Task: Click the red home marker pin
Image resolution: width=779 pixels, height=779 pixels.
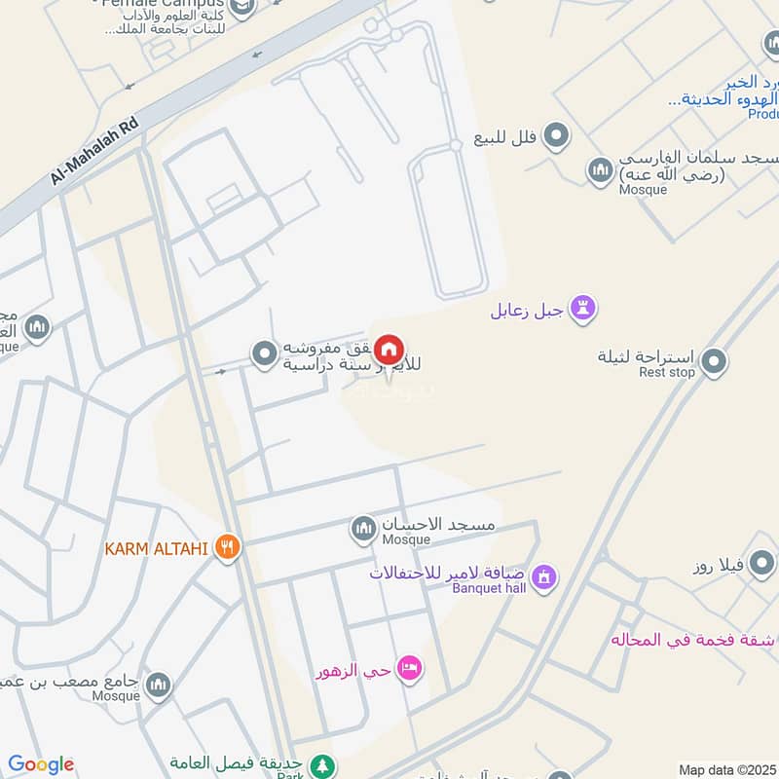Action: click(389, 350)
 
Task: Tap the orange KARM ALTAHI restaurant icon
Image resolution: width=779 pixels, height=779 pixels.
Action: click(227, 547)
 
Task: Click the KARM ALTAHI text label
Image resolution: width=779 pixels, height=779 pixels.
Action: click(156, 548)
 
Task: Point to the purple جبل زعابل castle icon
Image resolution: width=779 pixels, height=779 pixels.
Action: click(583, 310)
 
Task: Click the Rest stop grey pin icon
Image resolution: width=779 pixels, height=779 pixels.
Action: click(714, 362)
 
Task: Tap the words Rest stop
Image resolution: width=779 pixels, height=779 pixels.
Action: click(667, 372)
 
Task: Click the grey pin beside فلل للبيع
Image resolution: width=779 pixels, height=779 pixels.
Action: click(556, 136)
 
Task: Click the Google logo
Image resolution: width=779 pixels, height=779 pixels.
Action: click(40, 764)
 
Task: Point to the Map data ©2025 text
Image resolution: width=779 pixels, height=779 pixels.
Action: click(727, 769)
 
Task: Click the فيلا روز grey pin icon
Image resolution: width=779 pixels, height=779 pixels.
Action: click(761, 562)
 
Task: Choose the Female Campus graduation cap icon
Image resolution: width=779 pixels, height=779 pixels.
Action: click(242, 9)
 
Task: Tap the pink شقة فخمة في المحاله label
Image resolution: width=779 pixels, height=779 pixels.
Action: click(692, 640)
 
